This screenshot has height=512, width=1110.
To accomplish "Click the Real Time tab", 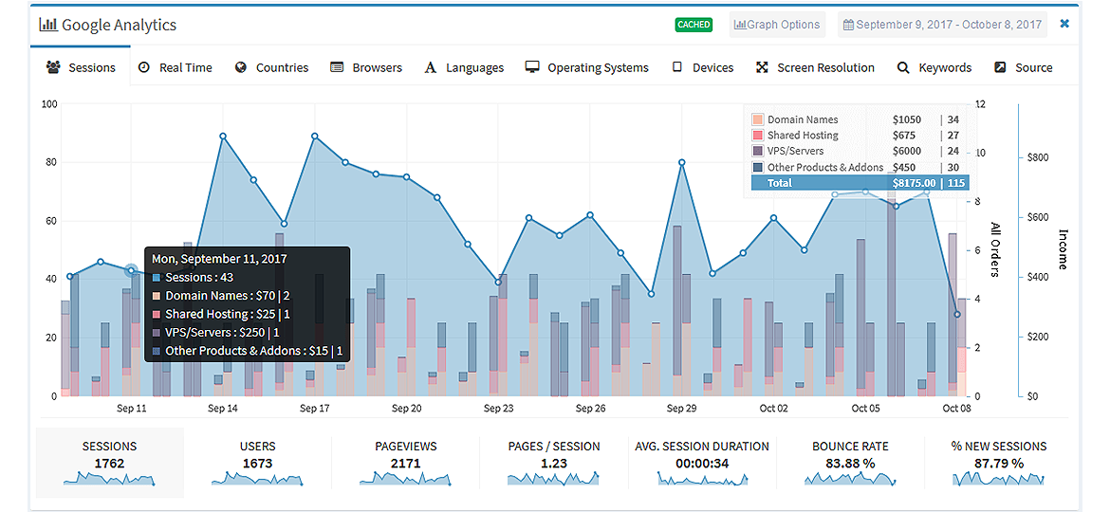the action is click(x=175, y=68).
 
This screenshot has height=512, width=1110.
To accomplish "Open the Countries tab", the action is click(x=272, y=68).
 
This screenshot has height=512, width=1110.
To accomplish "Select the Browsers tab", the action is click(x=367, y=68).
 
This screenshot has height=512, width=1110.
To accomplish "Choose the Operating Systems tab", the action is click(x=587, y=68).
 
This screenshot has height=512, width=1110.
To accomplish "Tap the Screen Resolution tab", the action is click(x=816, y=68).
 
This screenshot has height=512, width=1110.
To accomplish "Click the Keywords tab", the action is click(x=934, y=68).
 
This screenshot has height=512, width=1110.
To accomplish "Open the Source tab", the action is click(x=1024, y=68).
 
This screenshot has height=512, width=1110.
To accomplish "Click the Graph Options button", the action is click(x=777, y=24).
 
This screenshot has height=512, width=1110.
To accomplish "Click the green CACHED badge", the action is click(x=694, y=24).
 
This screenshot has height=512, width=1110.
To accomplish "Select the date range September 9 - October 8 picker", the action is click(x=942, y=24).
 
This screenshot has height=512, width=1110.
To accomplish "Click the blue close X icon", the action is click(x=1064, y=24).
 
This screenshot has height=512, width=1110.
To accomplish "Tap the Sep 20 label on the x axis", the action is click(x=406, y=408).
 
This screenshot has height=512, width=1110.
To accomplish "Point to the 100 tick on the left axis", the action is click(x=48, y=104).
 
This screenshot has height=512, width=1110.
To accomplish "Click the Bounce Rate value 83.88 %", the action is click(x=849, y=464).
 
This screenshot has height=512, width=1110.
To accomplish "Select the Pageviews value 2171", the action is click(x=406, y=464).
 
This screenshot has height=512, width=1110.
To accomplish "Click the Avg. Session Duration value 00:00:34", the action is click(x=701, y=464).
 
